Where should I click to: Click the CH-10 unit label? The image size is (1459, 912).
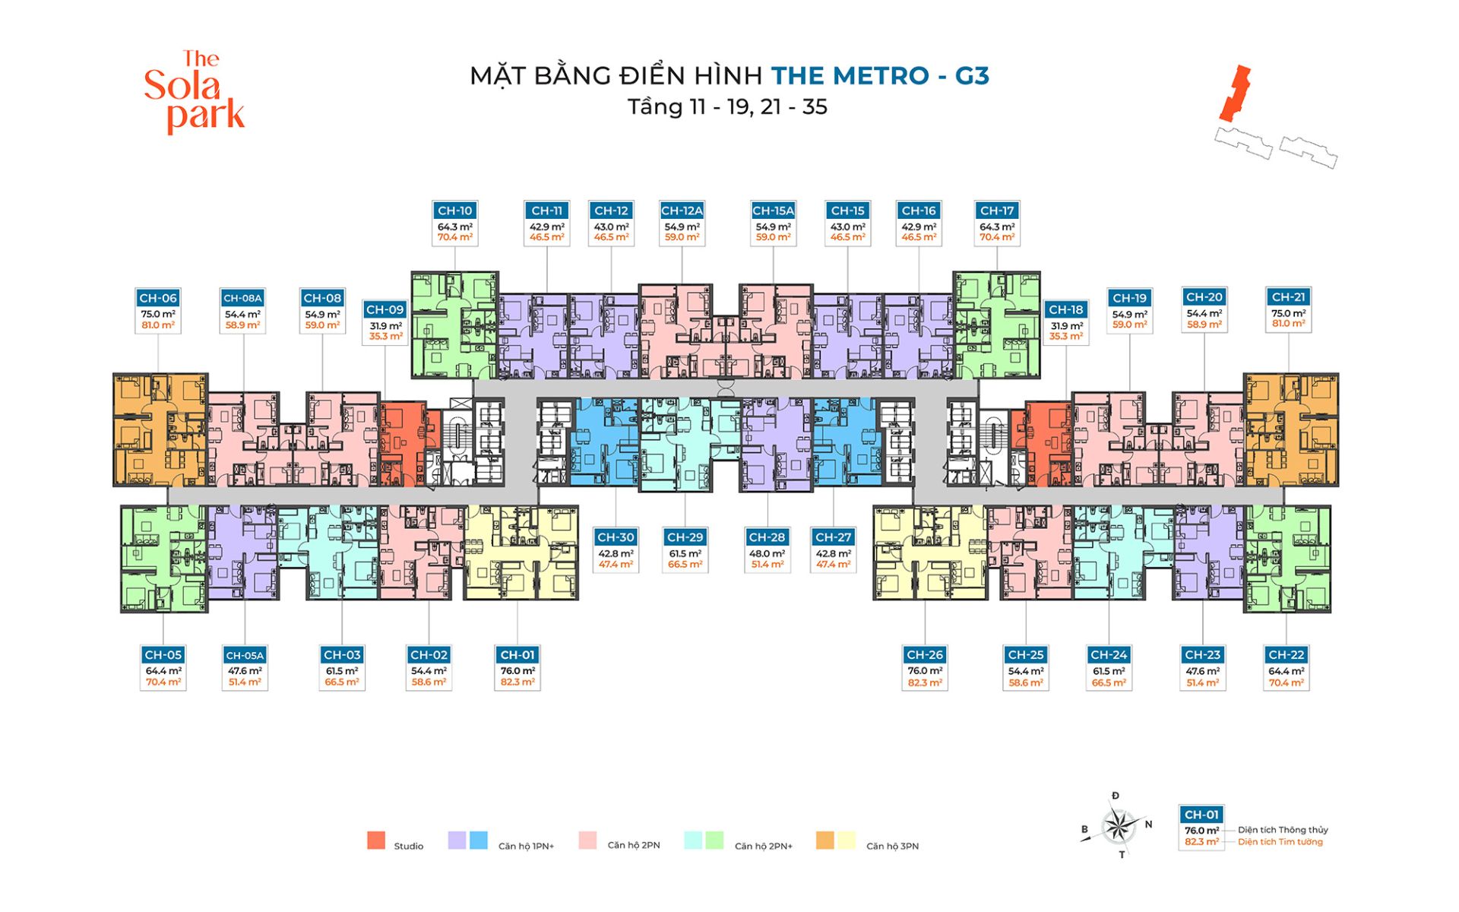coord(454,211)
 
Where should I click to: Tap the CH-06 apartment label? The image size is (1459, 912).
coord(158,298)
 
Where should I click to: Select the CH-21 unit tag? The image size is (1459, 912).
coord(1288,297)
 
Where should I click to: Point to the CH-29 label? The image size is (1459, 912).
coord(685,537)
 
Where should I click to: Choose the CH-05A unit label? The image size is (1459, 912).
coord(245,655)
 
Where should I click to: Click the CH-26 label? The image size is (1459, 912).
coord(925,655)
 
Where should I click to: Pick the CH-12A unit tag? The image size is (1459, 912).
coord(682,211)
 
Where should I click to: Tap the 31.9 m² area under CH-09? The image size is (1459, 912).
coord(385,325)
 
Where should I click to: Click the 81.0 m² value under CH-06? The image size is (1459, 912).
coord(158,325)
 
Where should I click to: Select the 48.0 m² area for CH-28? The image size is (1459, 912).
coord(767,553)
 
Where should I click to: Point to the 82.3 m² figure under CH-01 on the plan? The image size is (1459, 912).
coord(517,682)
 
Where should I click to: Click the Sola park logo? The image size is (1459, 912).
coord(195,92)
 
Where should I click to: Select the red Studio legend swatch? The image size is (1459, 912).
coord(375,841)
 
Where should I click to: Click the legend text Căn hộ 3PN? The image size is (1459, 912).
coord(892,846)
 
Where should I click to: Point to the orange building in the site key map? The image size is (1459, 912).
coord(1235,93)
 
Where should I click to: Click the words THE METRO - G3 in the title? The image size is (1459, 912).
coord(880,76)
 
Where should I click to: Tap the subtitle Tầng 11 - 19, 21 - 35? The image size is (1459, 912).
coord(727,107)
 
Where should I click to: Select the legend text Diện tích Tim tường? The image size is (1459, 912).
coord(1280,842)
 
